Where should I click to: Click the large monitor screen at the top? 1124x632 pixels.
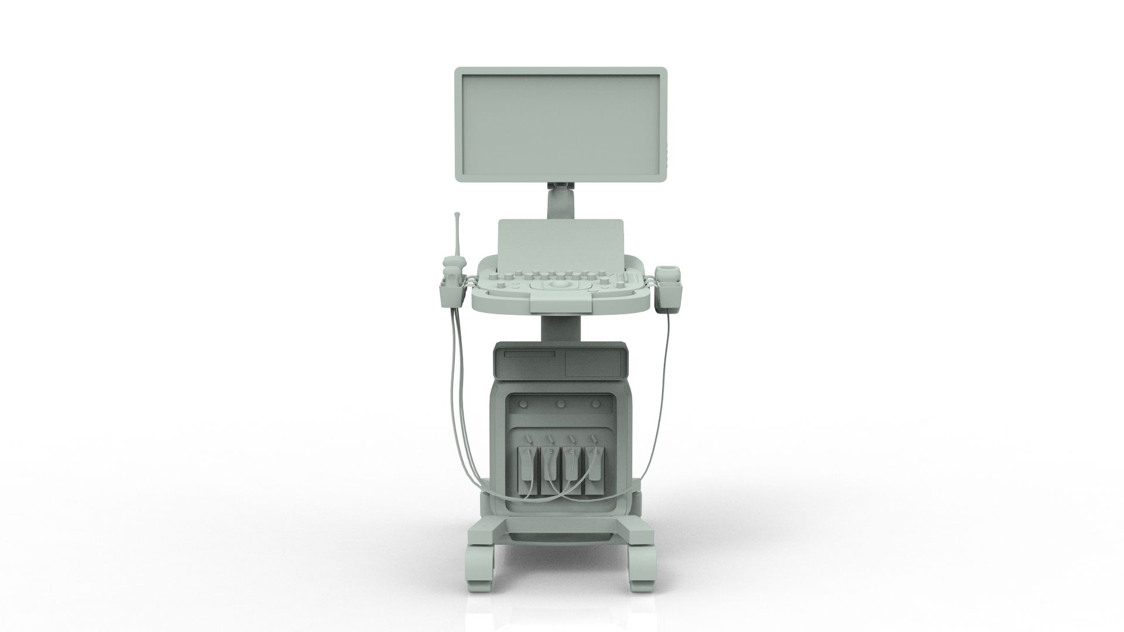click(561, 126)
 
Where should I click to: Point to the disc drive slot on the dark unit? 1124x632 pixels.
click(530, 354)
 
